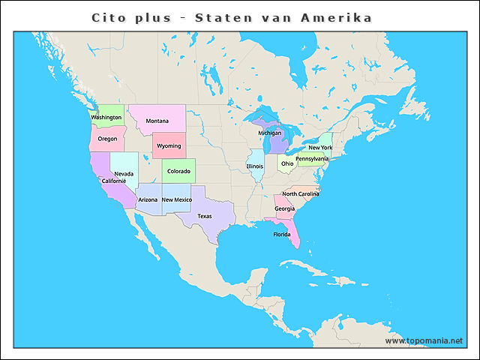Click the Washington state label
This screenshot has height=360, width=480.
(106, 118)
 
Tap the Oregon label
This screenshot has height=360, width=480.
(107, 139)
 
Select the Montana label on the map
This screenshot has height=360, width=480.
(157, 121)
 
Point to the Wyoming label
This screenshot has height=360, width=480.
(169, 146)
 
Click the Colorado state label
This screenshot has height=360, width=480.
(178, 171)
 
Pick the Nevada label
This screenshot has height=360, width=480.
(124, 174)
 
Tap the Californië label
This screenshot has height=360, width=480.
(114, 181)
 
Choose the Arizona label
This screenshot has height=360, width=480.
(148, 200)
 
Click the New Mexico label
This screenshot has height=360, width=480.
(177, 200)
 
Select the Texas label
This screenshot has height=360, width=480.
(205, 216)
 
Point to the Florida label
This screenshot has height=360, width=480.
(282, 235)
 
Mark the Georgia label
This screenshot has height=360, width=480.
(284, 208)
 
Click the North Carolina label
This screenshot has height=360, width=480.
(301, 194)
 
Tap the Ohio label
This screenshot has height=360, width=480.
(288, 163)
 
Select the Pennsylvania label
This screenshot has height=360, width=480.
(312, 159)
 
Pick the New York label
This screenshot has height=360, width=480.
(320, 148)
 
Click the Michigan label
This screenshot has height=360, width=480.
(270, 133)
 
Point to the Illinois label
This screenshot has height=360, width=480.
(256, 166)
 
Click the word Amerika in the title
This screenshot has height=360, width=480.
(338, 16)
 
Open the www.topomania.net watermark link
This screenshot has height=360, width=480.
(424, 341)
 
